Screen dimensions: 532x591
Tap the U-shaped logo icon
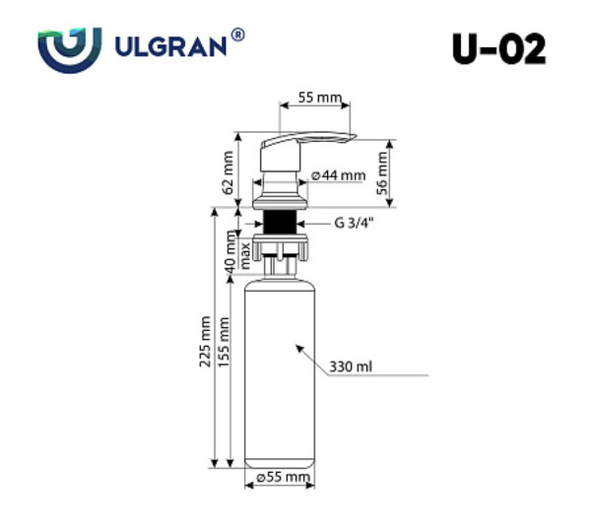(x=69, y=48)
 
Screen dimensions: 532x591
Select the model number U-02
(x=499, y=49)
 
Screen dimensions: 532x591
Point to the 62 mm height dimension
(x=228, y=172)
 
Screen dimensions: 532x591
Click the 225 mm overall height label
(x=205, y=341)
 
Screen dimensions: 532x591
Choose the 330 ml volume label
(x=351, y=367)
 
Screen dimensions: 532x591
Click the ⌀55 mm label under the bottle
(x=283, y=478)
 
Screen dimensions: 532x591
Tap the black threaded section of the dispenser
(x=281, y=221)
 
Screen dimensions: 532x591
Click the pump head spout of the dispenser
(x=315, y=140)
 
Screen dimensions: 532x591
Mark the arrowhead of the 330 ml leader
(x=297, y=347)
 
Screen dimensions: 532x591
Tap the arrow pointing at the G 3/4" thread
(x=307, y=223)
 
